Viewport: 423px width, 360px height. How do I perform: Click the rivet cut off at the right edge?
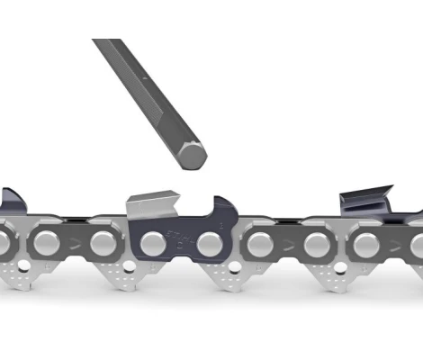(x=417, y=244)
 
